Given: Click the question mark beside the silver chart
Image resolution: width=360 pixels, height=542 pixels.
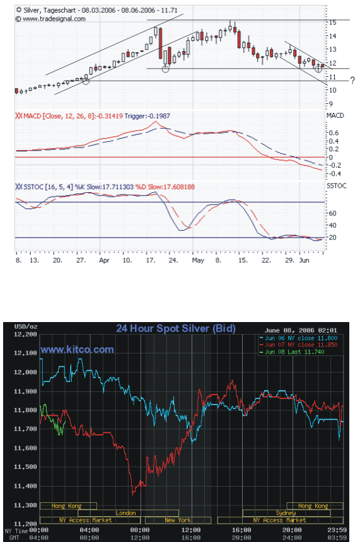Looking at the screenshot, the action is tap(352, 81).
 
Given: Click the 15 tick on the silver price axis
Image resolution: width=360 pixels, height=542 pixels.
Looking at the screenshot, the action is tap(333, 23).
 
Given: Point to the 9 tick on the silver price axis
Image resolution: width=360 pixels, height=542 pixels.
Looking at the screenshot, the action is tap(331, 104).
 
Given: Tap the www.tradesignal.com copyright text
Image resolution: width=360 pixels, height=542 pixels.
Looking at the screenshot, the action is tap(50, 19).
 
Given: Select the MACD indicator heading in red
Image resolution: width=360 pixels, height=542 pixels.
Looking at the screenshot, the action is tap(69, 116).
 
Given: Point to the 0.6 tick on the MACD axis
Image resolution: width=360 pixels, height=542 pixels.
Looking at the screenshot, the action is tap(334, 133).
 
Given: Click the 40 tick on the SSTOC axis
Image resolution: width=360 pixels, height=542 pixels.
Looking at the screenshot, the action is tap(333, 226).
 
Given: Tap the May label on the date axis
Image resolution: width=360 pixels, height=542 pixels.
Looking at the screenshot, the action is tap(198, 260).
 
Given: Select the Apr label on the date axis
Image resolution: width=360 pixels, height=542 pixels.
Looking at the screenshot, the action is tap(104, 260).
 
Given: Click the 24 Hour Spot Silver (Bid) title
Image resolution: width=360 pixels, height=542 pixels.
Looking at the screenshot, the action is tap(176, 328).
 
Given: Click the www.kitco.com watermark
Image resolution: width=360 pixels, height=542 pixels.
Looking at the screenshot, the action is tap(77, 350).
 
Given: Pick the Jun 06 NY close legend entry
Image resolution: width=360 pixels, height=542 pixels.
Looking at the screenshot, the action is tap(298, 338).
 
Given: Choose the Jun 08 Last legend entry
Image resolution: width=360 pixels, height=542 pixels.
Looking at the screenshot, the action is tap(292, 352).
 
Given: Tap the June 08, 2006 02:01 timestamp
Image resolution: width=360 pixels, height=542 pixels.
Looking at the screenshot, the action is tap(301, 330).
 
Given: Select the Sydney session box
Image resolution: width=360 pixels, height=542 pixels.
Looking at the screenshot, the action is tap(286, 513).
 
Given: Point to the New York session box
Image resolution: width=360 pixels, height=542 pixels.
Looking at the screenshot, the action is tap(178, 520).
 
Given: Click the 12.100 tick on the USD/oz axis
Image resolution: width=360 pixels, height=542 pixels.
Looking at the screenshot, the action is tap(25, 353).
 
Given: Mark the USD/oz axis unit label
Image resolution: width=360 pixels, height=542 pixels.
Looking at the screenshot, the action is tap(26, 326).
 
